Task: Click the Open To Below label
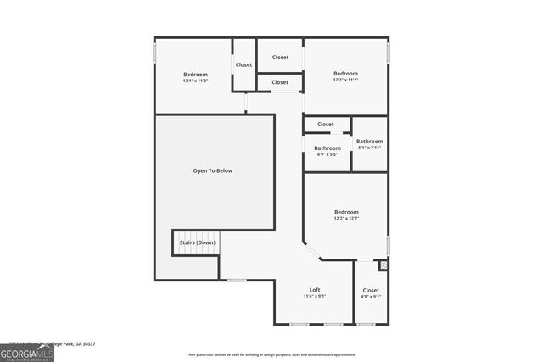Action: point(212,171)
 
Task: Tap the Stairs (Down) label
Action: point(196,242)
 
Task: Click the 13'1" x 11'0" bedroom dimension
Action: point(195,81)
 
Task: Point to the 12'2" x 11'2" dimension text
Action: point(345,80)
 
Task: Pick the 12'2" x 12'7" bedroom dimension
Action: point(345,219)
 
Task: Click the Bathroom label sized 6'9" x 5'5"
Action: point(327,148)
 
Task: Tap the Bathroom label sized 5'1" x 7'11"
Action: point(369,142)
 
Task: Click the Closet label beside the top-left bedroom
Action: point(244,64)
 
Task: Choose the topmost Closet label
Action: point(280,57)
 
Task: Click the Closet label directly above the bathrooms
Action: point(325,125)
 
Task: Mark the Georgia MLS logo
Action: point(27,352)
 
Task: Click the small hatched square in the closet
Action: point(383,265)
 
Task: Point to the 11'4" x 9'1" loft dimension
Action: point(314,297)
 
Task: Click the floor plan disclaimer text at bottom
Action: point(271,354)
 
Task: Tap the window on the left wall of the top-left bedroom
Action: point(154,53)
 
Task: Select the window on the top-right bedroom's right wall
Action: point(388,53)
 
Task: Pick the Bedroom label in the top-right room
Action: point(345,73)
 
